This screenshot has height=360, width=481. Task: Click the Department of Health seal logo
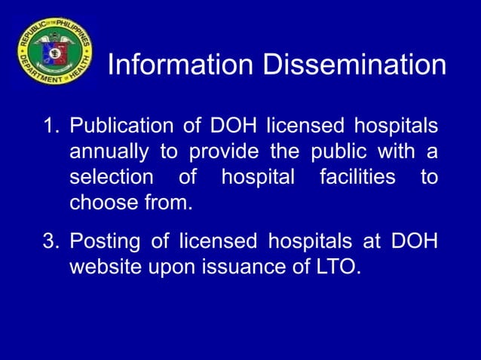[x=55, y=51]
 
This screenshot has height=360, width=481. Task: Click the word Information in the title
[x=181, y=66]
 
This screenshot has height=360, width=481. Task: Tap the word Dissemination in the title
[x=354, y=66]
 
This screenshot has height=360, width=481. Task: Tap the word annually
[x=110, y=151]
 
